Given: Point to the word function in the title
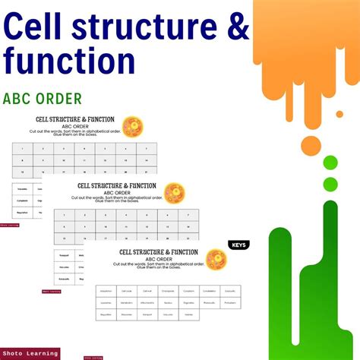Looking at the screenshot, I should (x=70, y=60).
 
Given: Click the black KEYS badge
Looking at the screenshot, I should (x=238, y=245).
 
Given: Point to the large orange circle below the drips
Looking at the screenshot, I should (x=310, y=145).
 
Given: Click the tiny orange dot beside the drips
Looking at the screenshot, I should (x=339, y=114).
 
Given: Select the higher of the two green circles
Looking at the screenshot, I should (x=330, y=162).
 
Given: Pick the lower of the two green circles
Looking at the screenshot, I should (x=330, y=183).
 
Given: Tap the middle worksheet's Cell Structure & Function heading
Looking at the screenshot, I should (x=117, y=185).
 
